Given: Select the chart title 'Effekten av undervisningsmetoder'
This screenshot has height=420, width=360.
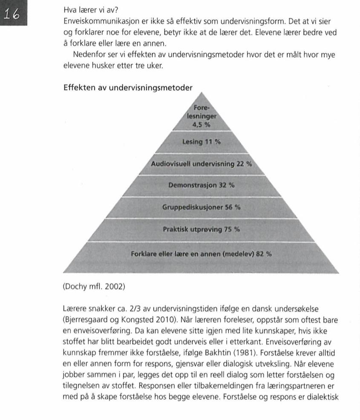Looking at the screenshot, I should pos(127,88).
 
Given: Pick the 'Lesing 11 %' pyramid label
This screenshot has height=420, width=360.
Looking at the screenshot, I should pos(202,142).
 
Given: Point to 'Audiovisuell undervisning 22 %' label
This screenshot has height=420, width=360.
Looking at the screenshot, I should pos(201,164).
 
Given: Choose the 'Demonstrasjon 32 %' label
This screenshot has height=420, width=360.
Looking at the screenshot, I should pos(201,186).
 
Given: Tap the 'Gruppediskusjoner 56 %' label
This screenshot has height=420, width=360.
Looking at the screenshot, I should pos(201,207).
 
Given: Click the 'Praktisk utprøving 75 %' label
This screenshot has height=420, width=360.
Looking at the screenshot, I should pos(201,229).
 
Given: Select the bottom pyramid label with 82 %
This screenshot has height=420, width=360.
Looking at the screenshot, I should pos(201,254).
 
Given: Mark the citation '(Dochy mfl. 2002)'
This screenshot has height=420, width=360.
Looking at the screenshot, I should pos(94,286).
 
